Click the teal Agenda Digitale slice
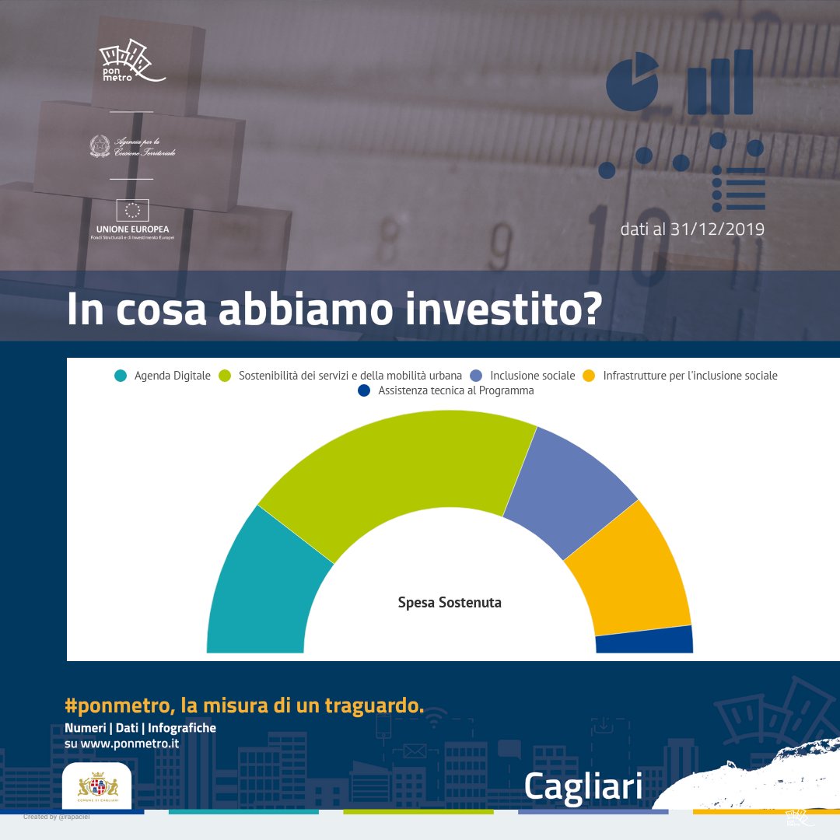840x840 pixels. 261,591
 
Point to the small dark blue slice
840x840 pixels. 645,640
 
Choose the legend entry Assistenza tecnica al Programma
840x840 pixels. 456,390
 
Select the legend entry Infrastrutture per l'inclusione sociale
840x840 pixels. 689,376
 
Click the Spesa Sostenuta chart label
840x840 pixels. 450,603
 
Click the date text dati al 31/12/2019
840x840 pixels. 692,229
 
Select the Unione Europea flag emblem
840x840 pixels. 132,210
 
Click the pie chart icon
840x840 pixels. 632,80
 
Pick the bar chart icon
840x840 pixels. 720,83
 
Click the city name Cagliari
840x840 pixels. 583,786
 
